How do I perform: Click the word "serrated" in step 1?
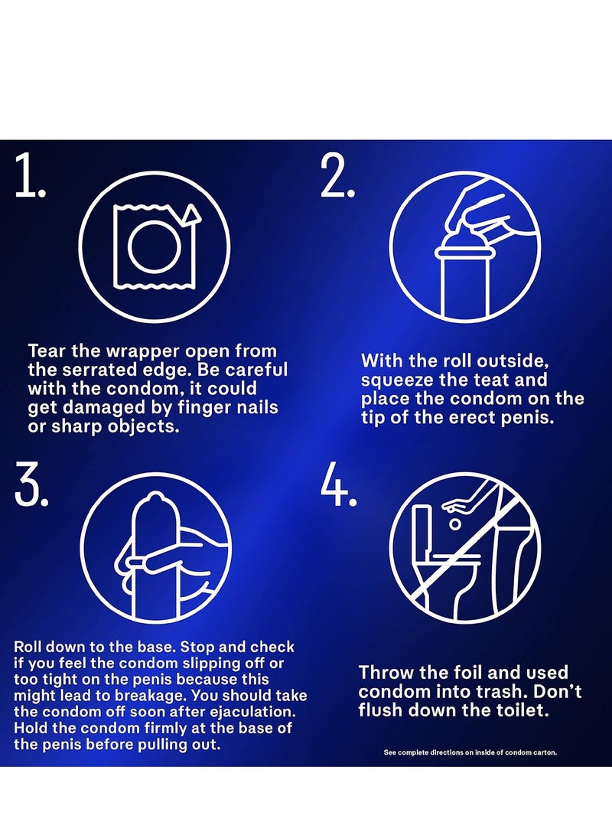point(101,370)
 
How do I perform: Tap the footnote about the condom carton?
point(470,752)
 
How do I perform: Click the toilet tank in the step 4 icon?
point(422,530)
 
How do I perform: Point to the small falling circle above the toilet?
point(454,524)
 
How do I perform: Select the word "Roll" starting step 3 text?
point(25,647)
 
